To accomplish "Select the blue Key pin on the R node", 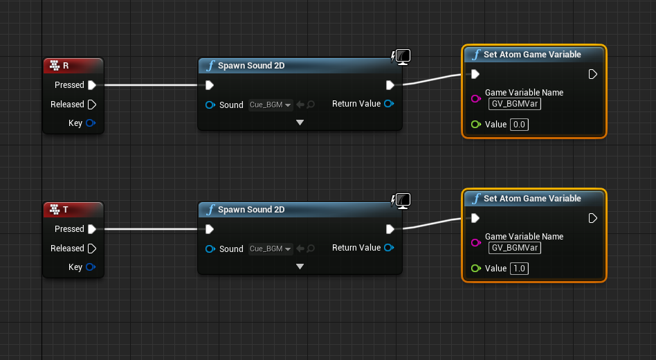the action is coord(91,123).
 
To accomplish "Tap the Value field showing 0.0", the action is coord(519,125).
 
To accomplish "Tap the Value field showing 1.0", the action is coord(519,269).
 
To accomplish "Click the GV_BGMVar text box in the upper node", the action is coord(515,104).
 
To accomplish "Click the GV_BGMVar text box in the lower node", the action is coord(515,248).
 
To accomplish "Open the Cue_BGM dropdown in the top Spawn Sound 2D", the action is coord(271,105).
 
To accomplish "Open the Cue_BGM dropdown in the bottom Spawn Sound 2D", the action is coord(271,249).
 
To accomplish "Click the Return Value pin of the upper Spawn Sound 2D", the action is coord(389,103).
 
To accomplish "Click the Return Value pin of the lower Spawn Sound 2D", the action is coord(389,247).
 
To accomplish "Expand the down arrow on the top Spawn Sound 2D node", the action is coord(300,123).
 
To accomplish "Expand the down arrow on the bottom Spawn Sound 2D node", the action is coord(300,267).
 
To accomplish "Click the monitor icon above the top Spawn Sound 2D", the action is coord(403,57).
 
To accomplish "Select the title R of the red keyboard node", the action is coord(66,66).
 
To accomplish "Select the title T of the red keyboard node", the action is coord(66,210).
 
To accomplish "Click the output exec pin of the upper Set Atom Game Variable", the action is coord(592,74).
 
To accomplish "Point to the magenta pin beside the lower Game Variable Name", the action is coord(475,243).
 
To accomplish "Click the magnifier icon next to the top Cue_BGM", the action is coord(311,105).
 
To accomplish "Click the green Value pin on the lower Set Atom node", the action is coord(475,269).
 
